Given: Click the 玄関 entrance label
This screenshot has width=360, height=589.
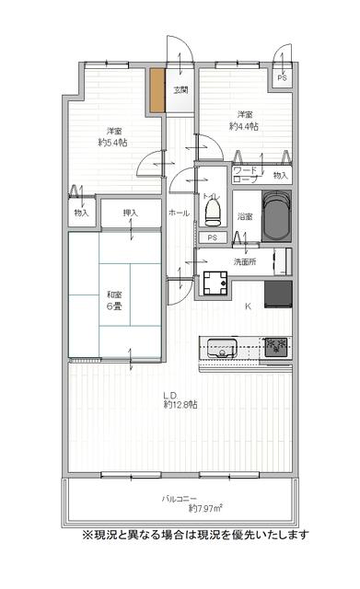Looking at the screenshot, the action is tap(180, 90).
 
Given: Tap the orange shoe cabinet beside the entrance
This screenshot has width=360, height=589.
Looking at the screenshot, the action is tap(157, 90).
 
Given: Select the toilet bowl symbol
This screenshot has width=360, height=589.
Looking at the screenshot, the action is tap(213, 213).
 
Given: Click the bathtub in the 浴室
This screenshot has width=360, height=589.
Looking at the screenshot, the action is tap(277, 216).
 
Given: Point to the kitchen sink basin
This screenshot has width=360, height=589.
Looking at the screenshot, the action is tap(222, 348).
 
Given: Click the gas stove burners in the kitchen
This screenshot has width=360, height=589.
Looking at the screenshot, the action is tap(276, 347).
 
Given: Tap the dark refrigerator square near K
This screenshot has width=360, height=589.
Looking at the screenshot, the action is tap(278, 294).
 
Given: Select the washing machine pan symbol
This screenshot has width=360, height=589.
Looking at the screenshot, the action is tap(215, 283).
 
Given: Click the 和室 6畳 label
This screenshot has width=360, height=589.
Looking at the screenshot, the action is tap(114, 300).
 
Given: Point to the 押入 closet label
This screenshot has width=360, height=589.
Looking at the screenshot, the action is tap(131, 213).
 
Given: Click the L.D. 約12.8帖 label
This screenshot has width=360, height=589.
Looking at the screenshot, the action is tap(180, 400).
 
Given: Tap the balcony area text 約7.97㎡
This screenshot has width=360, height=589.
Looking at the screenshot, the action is tap(205, 509).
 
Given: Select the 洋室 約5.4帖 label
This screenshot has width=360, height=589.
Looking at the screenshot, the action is tap(112, 137).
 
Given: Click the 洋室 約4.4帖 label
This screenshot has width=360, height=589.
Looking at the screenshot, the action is tap(244, 121).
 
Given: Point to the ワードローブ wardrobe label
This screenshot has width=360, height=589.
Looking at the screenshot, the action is tap(246, 175).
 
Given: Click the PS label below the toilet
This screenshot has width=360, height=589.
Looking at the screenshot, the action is tap(213, 237).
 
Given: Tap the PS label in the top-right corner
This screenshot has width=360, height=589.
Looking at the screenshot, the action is tap(282, 78).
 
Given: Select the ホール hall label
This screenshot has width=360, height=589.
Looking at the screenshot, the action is tap(180, 213).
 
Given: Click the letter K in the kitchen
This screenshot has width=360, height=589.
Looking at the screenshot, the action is tap(248, 306).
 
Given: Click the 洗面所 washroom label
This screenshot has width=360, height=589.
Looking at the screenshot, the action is tap(245, 261).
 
